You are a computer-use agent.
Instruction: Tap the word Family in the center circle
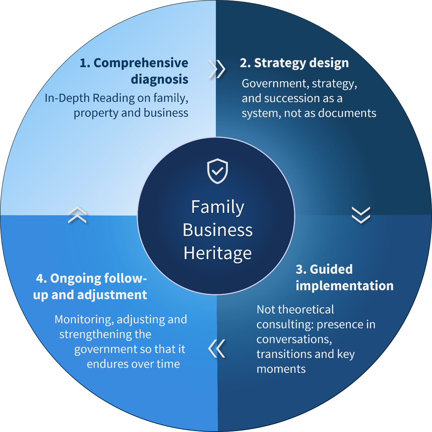218,207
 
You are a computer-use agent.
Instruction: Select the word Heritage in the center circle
218,253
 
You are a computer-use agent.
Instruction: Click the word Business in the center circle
218,230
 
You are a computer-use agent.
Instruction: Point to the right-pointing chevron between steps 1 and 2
217,69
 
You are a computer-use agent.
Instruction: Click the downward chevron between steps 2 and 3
361,215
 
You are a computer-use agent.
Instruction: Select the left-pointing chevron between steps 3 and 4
217,349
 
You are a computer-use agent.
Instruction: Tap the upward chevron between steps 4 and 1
77,215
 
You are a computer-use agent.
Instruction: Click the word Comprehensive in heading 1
141,63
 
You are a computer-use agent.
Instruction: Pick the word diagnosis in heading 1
159,79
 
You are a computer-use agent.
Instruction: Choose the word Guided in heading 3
331,269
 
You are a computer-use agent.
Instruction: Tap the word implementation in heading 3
344,286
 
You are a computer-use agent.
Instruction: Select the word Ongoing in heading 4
72,279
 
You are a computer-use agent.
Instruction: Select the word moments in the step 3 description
281,369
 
